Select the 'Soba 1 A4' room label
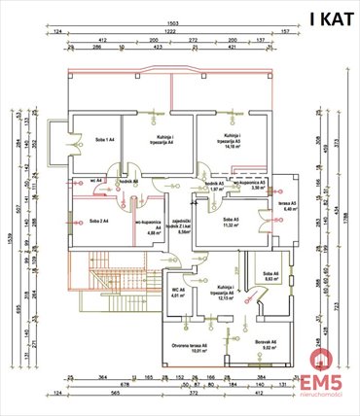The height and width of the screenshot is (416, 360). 103,140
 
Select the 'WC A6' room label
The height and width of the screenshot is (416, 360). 178,293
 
